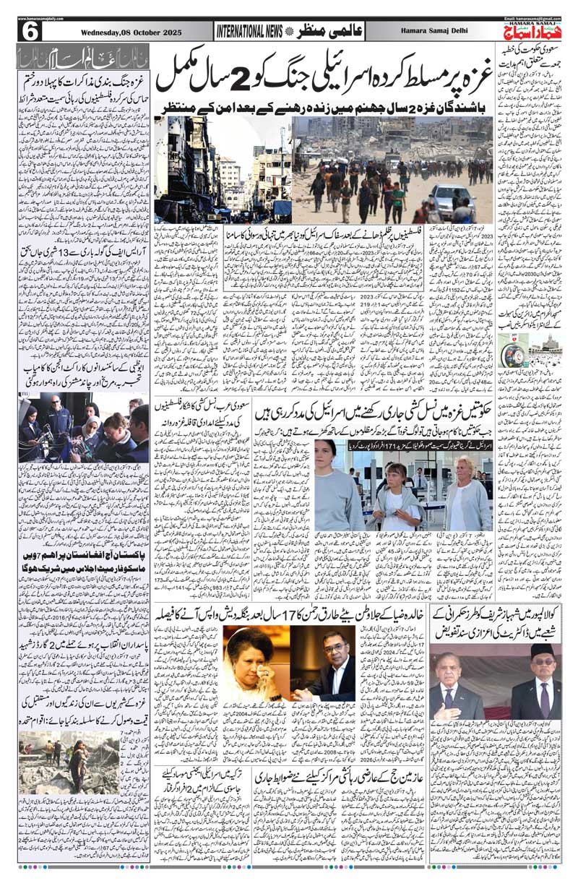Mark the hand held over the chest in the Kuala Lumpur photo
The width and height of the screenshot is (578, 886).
pos(452,712)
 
